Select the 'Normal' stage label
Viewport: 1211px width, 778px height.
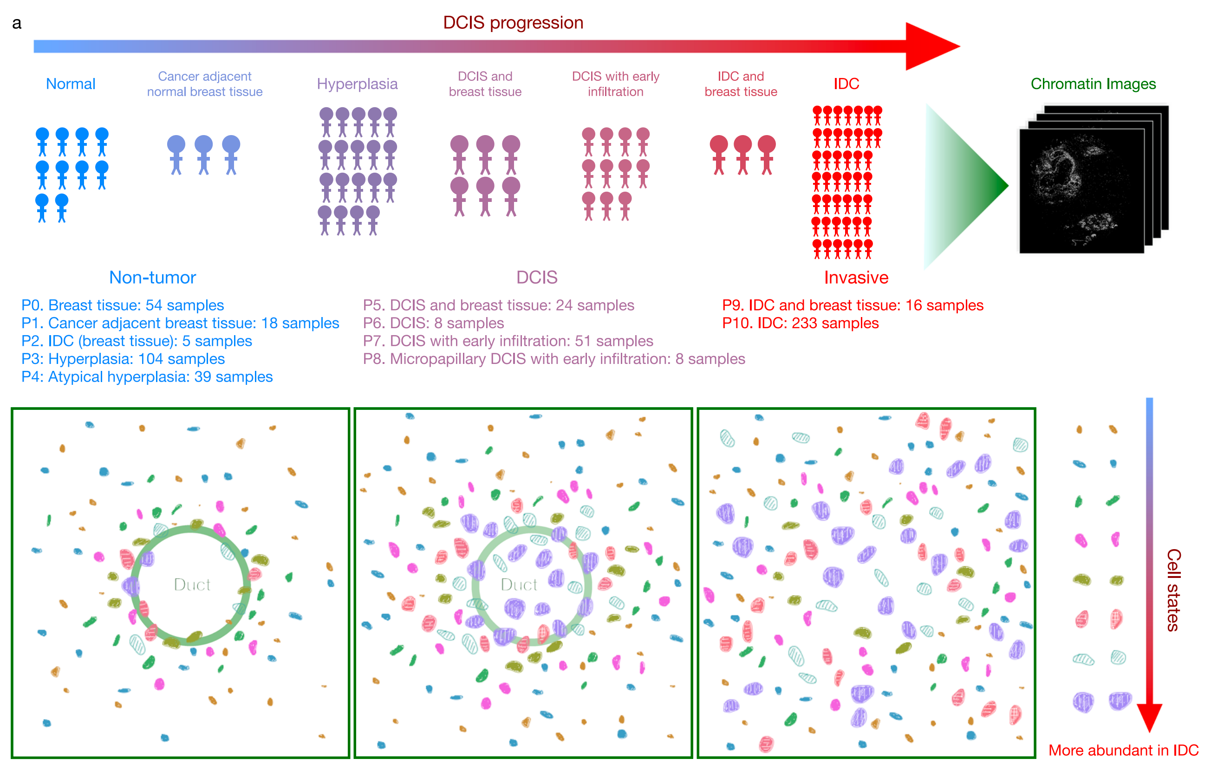70,84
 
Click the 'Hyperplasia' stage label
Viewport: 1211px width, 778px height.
357,84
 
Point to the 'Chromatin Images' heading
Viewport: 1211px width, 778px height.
1092,84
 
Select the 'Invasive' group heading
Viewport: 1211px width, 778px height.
855,277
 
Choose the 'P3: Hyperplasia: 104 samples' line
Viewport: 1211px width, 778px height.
123,359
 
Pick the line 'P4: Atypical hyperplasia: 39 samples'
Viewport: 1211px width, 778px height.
147,377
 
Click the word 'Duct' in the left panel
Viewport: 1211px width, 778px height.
191,584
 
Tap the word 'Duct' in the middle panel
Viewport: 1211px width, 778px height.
518,584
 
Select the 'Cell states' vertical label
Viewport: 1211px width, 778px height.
1173,590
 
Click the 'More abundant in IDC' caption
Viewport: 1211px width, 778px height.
1123,750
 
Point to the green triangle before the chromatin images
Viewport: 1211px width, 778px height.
960,187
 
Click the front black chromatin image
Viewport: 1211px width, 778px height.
1081,191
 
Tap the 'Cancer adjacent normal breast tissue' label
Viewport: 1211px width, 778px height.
205,84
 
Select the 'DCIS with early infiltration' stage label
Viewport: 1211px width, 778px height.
615,84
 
